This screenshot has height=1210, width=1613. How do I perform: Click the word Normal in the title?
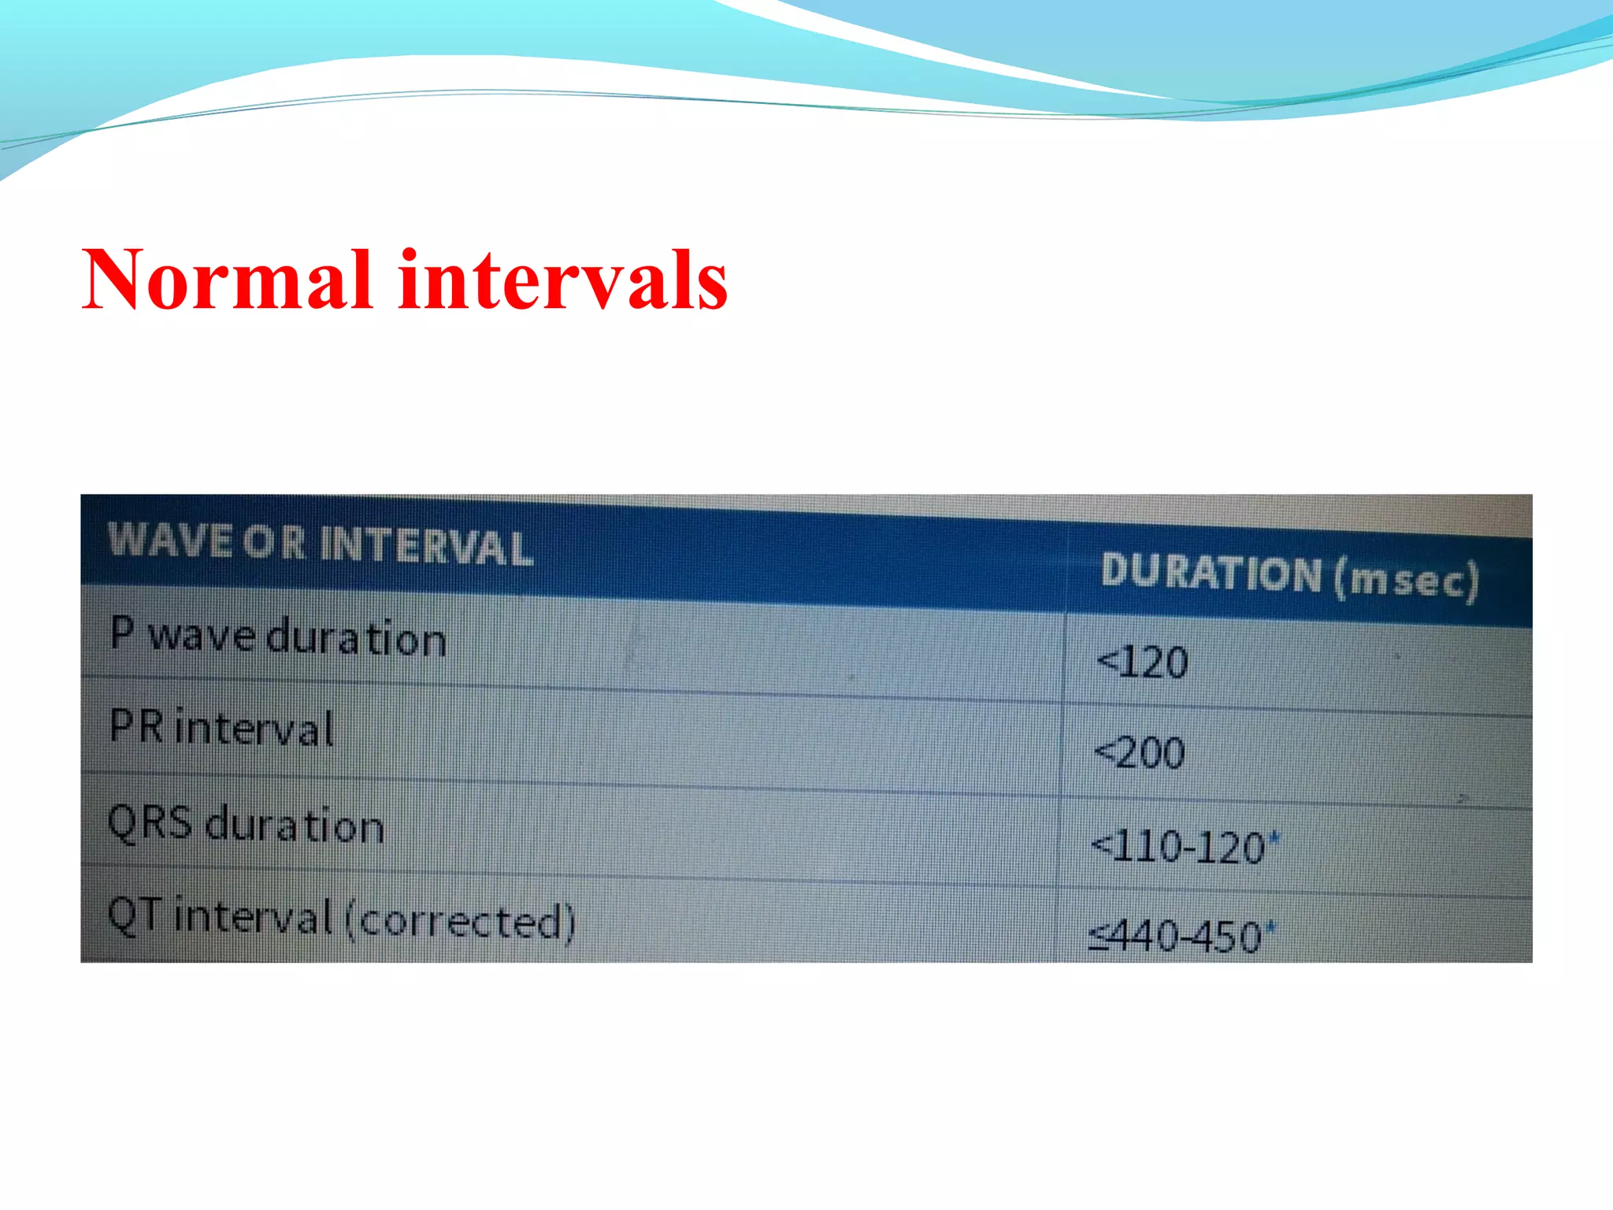click(227, 280)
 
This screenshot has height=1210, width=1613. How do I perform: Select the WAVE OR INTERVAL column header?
click(320, 544)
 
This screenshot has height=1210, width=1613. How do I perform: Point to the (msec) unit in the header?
click(1407, 581)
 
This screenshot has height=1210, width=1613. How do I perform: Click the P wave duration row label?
click(278, 637)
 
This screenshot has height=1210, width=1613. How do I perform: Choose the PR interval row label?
click(221, 728)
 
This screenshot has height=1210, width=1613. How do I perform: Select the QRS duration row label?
click(246, 825)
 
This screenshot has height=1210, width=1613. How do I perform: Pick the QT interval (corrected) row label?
click(341, 919)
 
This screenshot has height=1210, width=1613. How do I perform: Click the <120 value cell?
click(1143, 663)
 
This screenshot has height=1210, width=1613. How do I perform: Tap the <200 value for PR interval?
click(1140, 753)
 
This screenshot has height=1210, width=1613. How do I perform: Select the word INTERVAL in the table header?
click(426, 547)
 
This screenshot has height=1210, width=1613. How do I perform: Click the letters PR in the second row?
click(136, 726)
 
